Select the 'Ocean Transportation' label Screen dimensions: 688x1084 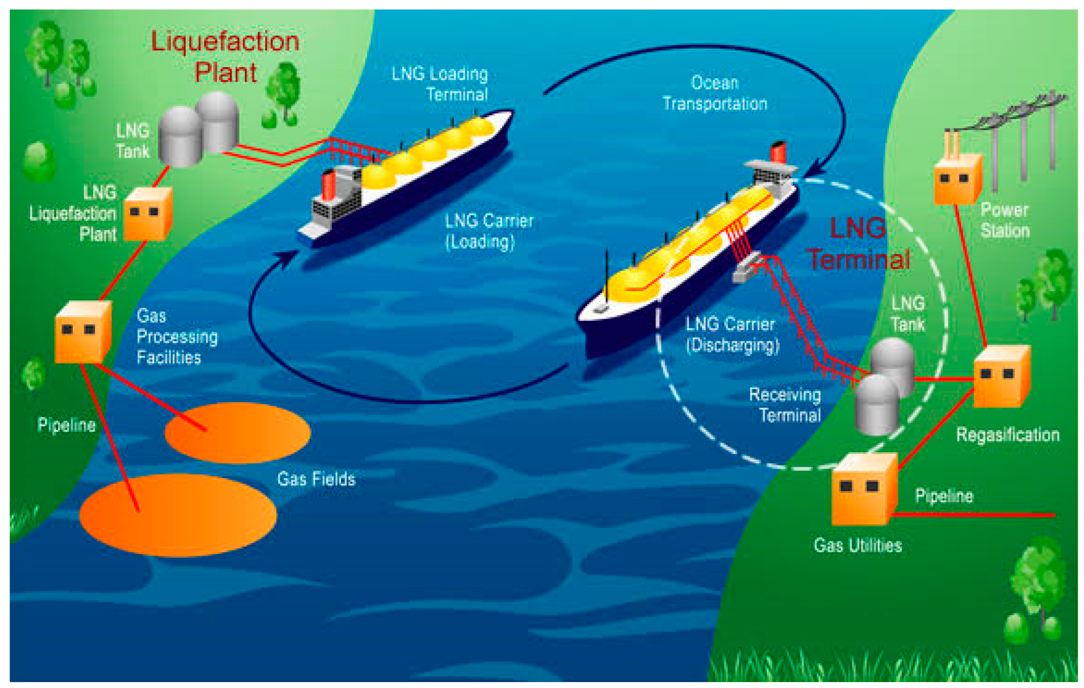click(715, 93)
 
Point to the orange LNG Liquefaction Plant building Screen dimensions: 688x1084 click(148, 214)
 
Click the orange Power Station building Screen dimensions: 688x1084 click(957, 179)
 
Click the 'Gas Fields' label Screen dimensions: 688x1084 click(316, 479)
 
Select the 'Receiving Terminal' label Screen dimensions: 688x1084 click(786, 405)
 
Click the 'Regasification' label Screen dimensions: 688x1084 click(1007, 435)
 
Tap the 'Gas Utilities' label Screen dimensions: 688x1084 click(858, 546)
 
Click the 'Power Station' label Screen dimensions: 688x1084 click(1005, 220)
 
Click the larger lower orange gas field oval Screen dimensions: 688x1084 click(178, 515)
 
